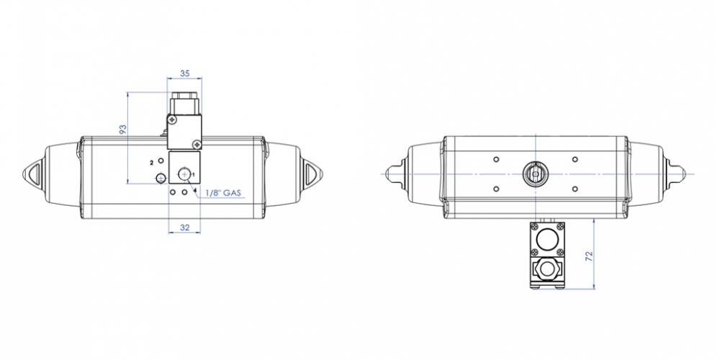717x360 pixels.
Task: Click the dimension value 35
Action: (x=185, y=73)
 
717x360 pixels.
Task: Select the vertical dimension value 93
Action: (x=122, y=129)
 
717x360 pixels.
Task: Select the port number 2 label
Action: (x=151, y=163)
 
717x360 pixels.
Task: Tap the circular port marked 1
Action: (x=185, y=173)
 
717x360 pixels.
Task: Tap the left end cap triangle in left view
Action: (x=34, y=174)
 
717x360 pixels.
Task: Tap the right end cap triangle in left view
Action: (x=312, y=174)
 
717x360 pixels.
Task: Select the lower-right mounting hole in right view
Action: (x=574, y=189)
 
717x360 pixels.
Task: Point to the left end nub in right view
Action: (x=392, y=174)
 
